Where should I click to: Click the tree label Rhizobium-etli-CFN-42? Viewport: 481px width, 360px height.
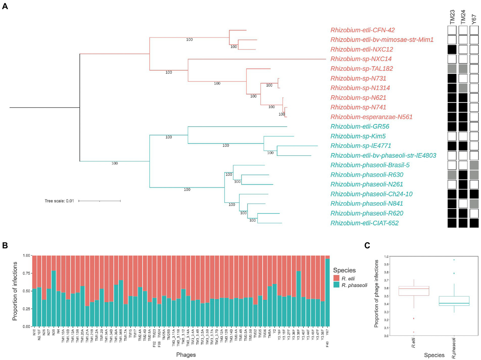(x=362, y=30)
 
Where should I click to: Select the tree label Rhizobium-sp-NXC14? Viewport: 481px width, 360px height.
(x=361, y=59)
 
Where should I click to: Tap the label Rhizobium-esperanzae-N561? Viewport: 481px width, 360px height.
(x=371, y=117)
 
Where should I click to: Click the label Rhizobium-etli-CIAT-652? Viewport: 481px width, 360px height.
(x=364, y=223)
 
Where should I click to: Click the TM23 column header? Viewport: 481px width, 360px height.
(x=452, y=17)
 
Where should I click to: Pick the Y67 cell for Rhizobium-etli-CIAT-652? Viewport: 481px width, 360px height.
(x=474, y=223)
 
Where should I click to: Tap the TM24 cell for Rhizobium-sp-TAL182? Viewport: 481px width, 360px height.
(x=463, y=69)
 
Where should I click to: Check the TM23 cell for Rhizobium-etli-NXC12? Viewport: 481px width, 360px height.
(x=452, y=50)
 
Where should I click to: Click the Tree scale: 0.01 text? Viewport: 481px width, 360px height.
(x=59, y=201)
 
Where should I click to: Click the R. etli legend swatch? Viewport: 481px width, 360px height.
(x=336, y=278)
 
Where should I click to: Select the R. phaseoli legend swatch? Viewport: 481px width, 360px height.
(x=336, y=285)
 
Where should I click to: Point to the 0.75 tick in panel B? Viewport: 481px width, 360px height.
(x=26, y=273)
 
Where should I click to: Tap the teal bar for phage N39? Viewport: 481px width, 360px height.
(x=54, y=299)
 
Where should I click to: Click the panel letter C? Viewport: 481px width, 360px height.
(x=367, y=245)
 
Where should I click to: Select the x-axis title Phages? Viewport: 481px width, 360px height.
(x=186, y=355)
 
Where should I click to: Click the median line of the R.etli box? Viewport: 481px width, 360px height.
(x=414, y=289)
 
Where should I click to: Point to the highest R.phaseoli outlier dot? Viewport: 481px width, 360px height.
(x=454, y=260)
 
